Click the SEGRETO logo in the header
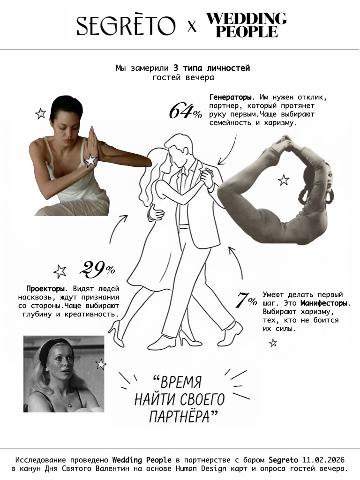[126, 26]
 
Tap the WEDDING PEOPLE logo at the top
[247, 25]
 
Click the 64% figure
[185, 112]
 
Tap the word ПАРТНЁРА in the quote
[184, 416]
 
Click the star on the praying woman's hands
[90, 160]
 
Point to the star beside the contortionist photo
[283, 180]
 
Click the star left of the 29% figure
[60, 271]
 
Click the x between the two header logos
[191, 27]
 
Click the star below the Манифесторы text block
[273, 343]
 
